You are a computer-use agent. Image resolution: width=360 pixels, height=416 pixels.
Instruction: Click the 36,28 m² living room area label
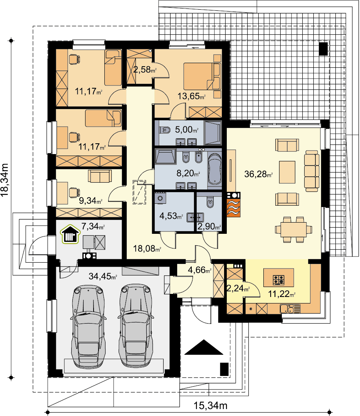(x=258, y=174)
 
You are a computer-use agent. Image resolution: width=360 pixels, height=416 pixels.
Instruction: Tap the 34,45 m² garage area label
(x=103, y=276)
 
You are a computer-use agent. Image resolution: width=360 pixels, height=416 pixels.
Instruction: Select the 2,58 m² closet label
(x=145, y=70)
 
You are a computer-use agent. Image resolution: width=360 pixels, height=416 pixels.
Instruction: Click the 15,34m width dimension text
(x=210, y=405)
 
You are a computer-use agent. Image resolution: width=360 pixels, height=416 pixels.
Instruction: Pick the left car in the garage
(x=88, y=327)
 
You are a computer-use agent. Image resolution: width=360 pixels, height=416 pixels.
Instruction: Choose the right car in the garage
(x=136, y=326)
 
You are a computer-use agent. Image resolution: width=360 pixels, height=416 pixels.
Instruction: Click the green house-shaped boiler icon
(x=70, y=234)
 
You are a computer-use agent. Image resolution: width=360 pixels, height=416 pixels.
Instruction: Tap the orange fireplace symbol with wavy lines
(x=234, y=208)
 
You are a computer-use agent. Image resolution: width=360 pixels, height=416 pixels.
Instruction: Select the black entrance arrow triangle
(x=204, y=347)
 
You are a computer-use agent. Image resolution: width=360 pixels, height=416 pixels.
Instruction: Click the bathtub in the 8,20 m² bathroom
(x=214, y=169)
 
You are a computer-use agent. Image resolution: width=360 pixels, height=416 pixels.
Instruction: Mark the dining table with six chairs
(x=293, y=230)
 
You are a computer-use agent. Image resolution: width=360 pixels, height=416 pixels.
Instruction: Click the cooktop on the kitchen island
(x=278, y=280)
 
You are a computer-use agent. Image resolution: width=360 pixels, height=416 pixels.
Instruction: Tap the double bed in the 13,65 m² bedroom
(x=202, y=76)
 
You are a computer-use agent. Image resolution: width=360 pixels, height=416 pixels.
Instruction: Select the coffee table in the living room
(x=287, y=172)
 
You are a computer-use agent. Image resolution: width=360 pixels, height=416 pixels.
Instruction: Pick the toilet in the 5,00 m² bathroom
(x=165, y=130)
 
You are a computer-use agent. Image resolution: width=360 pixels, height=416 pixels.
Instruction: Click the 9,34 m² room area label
(x=90, y=201)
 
